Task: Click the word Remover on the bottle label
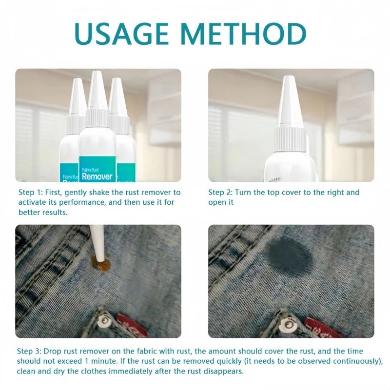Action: tap(97, 176)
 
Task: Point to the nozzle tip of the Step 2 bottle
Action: tap(289, 80)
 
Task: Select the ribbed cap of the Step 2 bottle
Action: tap(291, 139)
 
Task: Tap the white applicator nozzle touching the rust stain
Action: tap(100, 246)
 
